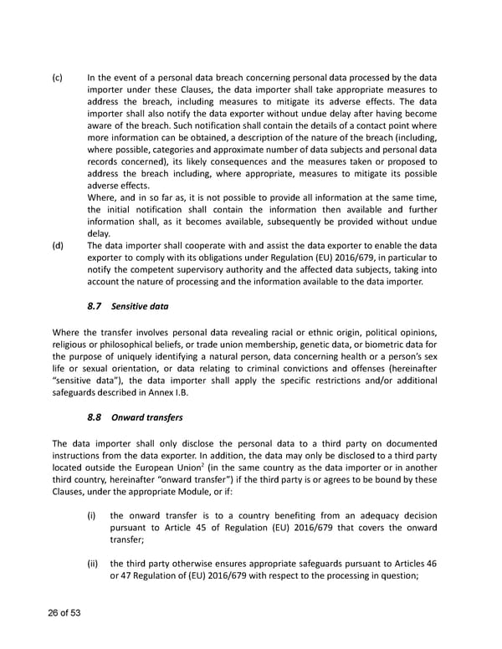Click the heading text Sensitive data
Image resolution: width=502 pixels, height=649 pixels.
(141, 307)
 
